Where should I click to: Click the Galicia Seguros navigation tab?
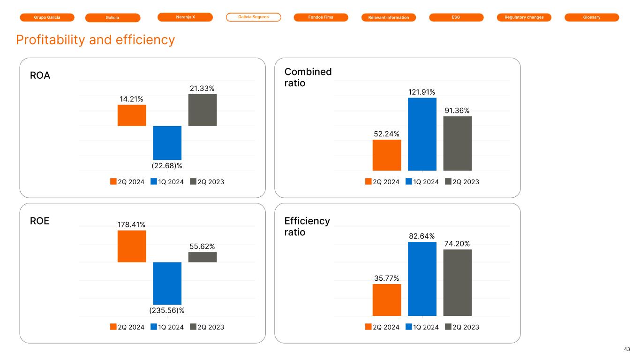[253, 17]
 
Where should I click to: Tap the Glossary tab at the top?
[592, 17]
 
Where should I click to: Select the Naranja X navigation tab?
[185, 17]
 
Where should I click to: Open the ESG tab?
[456, 17]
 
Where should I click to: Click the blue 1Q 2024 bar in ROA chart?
[167, 142]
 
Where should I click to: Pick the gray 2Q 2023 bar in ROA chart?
[203, 110]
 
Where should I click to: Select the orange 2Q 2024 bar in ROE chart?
[132, 246]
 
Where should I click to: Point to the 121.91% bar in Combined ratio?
[422, 134]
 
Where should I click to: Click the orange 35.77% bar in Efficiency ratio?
[387, 300]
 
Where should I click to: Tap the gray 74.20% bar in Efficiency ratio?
[458, 283]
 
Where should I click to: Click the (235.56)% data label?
[167, 310]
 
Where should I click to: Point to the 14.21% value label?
[132, 99]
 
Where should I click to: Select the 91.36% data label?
[458, 110]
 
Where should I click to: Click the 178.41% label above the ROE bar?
[132, 225]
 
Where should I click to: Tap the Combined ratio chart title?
[308, 77]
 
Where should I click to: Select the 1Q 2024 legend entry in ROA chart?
[167, 182]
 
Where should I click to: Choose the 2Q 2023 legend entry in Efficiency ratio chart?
[462, 327]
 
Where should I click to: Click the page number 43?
[627, 349]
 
